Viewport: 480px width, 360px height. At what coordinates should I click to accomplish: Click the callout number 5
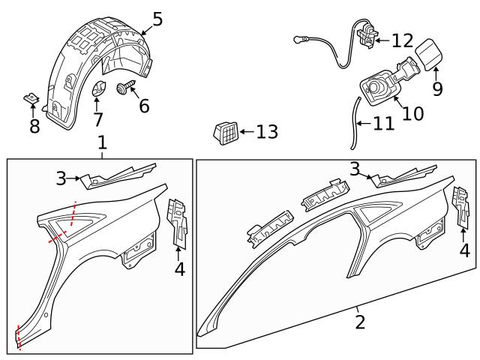coord(157,18)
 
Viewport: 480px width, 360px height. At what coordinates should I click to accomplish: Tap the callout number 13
coord(266,133)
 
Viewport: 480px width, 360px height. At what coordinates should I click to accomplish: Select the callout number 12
coord(402,40)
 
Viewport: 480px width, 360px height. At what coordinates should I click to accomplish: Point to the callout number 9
coord(437,88)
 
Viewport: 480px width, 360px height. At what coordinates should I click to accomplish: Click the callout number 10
coord(412,113)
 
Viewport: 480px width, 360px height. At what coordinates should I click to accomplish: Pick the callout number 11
coord(383,123)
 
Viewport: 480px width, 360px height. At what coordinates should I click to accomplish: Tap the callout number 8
coord(34,126)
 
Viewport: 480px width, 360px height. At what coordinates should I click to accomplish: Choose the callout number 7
coord(98,120)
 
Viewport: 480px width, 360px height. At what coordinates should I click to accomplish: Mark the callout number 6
coord(144,106)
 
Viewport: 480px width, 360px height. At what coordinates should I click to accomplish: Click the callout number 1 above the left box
coord(102,142)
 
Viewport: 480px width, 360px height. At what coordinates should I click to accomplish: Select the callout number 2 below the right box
coord(360,322)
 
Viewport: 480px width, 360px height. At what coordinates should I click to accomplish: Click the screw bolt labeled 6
coord(123,90)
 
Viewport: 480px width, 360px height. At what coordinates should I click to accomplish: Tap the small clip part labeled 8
coord(30,98)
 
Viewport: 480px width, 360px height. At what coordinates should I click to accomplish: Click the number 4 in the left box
coord(179,268)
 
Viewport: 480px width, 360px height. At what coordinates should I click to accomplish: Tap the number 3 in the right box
coord(355,169)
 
